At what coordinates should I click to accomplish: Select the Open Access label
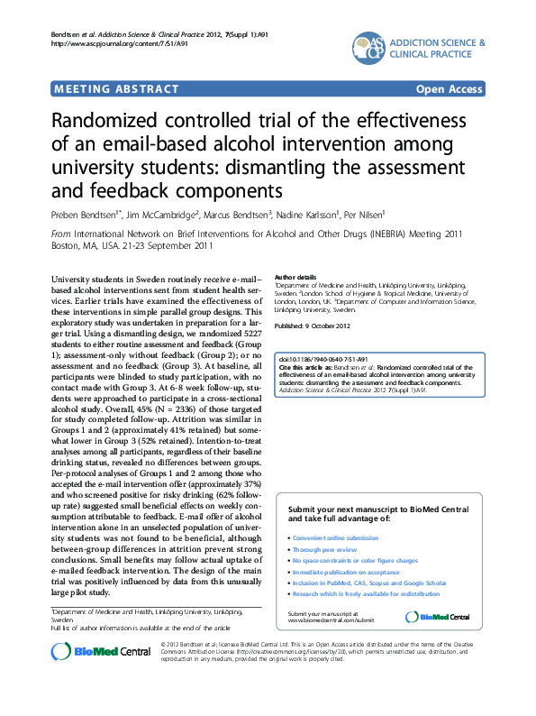click(x=449, y=88)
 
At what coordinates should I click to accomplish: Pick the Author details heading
click(x=295, y=276)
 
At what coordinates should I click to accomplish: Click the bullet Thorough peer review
click(x=324, y=549)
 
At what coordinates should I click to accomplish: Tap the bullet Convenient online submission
click(x=335, y=537)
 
